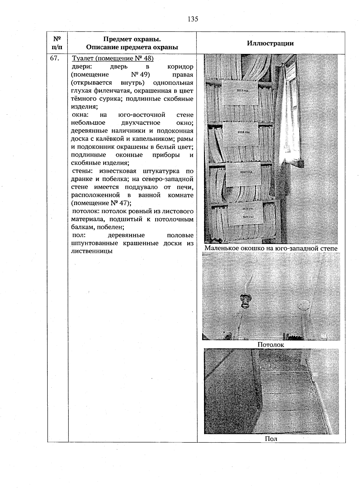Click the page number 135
click(193, 19)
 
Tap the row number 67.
click(54, 59)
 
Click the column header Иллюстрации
click(270, 43)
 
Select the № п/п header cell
click(57, 43)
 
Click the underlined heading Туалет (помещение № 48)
click(113, 58)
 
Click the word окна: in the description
click(81, 115)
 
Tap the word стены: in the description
click(82, 171)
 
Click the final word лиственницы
click(92, 251)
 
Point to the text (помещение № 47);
click(101, 203)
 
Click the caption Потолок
click(271, 345)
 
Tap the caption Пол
click(271, 439)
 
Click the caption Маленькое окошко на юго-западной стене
click(271, 249)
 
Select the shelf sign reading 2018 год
click(243, 132)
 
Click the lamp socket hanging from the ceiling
click(244, 301)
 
